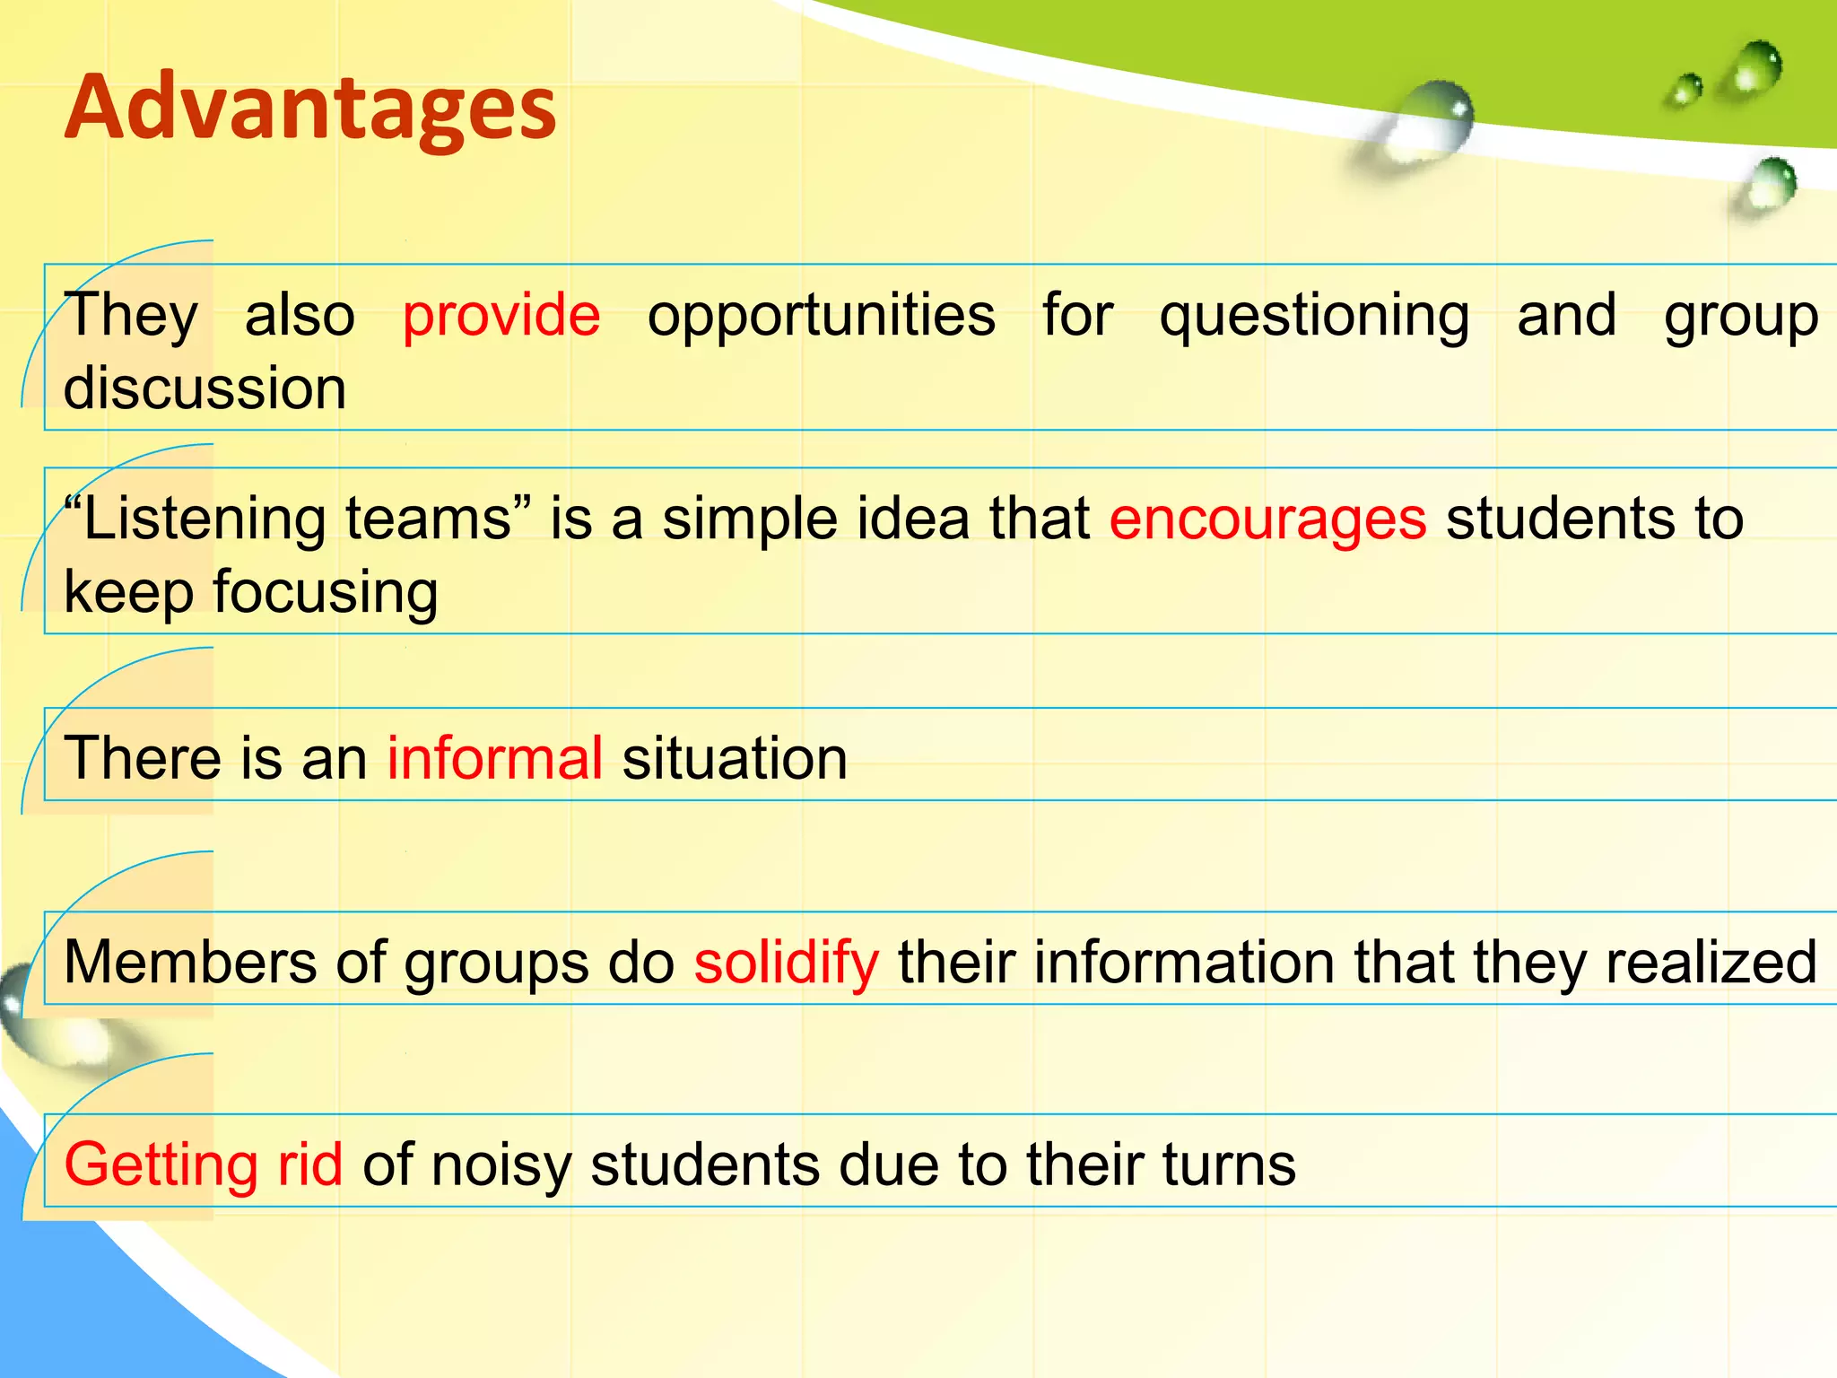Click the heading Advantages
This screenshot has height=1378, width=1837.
pos(310,109)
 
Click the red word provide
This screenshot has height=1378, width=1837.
pos(501,316)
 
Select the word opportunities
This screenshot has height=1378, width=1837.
pos(821,316)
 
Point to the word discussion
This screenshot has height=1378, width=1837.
pos(205,388)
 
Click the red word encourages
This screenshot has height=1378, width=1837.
pos(1267,519)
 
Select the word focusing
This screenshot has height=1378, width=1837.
pos(325,594)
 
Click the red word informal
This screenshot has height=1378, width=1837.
pos(494,758)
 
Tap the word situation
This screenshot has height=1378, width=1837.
pos(734,758)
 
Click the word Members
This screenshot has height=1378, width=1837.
pos(189,962)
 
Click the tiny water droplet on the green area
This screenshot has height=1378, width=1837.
pos(1686,91)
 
